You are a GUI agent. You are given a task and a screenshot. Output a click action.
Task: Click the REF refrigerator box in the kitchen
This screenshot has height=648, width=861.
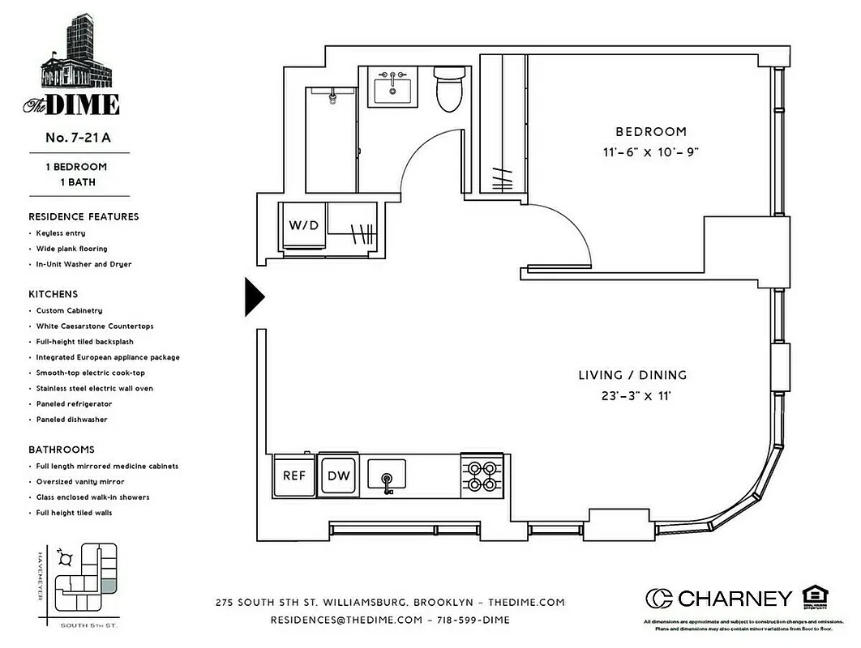[293, 475]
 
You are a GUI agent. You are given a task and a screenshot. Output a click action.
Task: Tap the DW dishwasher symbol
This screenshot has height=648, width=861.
[338, 475]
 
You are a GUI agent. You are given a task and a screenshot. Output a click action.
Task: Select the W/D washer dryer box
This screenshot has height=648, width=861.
[304, 224]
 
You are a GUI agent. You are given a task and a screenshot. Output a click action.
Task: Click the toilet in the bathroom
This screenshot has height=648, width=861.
[448, 90]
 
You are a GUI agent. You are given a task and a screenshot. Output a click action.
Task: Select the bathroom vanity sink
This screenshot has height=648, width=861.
[393, 87]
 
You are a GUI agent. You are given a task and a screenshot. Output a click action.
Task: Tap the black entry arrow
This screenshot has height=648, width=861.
[254, 297]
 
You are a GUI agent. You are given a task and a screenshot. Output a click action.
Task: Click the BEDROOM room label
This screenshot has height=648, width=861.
[650, 131]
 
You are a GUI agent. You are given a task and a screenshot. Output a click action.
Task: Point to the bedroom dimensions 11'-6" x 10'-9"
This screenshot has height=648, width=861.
[650, 151]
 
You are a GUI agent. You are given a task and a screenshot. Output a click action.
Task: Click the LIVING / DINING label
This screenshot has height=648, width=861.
[632, 375]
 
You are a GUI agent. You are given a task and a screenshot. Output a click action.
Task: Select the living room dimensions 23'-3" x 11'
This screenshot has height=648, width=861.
[632, 396]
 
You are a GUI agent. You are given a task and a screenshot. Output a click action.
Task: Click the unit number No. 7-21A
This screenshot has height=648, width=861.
[78, 138]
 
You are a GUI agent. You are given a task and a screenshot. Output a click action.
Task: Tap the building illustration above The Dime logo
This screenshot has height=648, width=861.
[78, 53]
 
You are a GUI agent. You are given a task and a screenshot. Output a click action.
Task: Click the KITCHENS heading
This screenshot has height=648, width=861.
[54, 294]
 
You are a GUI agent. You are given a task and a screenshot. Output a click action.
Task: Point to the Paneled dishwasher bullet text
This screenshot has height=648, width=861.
[71, 420]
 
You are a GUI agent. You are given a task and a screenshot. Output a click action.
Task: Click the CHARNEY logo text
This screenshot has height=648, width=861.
[735, 599]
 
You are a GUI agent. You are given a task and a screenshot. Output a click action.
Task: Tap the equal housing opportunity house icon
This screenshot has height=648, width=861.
[813, 595]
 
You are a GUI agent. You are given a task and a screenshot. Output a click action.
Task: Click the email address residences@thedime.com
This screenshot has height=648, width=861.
[347, 620]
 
